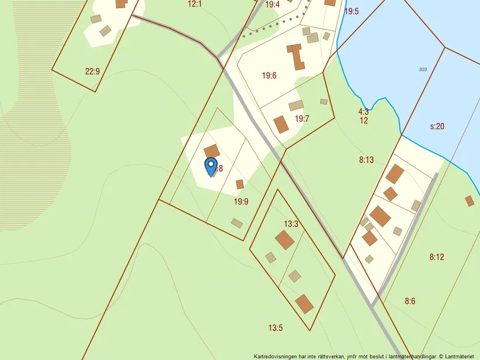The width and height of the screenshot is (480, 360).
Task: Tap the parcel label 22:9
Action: (93, 72)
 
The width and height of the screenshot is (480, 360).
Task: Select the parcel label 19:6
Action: (269, 76)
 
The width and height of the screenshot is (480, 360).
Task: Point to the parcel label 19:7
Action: (302, 119)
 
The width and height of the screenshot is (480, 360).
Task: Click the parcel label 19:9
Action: (241, 202)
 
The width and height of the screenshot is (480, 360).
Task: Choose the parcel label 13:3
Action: (291, 224)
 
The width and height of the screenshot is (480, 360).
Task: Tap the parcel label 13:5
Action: (275, 328)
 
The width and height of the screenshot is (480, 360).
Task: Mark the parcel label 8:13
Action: (366, 160)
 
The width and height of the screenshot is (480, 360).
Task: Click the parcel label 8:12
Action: (437, 256)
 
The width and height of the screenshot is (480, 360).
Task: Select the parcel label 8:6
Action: (411, 301)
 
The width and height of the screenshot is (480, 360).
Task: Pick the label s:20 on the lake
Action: (438, 126)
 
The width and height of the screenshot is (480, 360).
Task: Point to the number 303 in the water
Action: (422, 70)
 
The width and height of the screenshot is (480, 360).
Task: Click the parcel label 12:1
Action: (194, 4)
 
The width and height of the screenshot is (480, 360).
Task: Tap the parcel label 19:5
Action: (352, 11)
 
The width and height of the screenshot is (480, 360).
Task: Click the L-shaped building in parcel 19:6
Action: (296, 56)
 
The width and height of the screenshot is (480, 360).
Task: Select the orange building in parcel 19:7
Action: (282, 124)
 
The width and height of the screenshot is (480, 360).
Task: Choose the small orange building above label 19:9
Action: (240, 184)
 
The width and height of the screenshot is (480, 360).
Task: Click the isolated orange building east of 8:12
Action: (470, 201)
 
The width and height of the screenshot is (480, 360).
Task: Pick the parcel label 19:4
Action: (272, 5)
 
